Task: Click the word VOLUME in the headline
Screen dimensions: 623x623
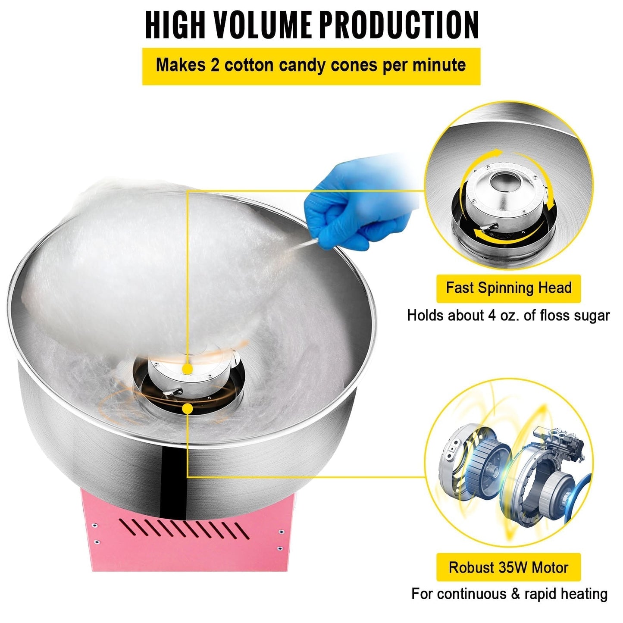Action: (262, 25)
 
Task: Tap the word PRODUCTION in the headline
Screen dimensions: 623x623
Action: (398, 25)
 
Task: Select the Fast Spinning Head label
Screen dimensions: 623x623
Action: (508, 288)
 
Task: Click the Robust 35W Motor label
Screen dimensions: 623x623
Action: (508, 567)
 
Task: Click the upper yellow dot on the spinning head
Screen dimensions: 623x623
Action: (187, 369)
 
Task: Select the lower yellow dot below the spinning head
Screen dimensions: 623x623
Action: (187, 409)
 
